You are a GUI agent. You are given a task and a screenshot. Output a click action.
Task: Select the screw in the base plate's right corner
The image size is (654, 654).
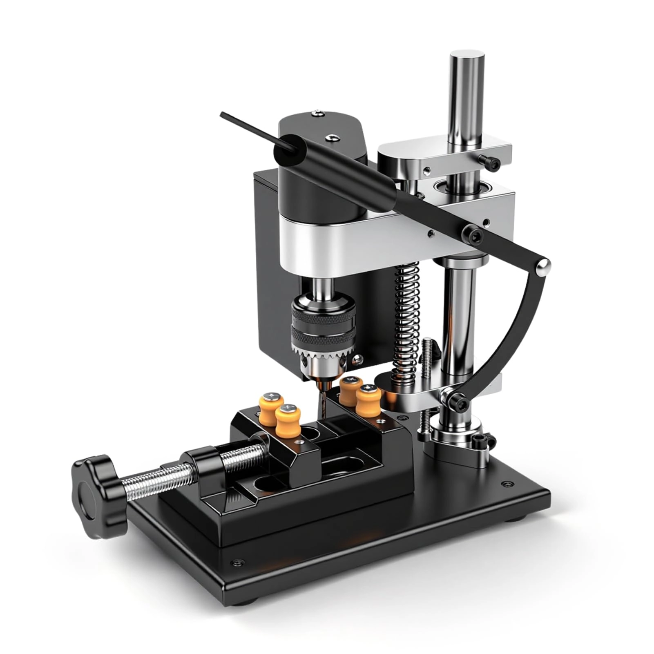pos(507,484)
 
